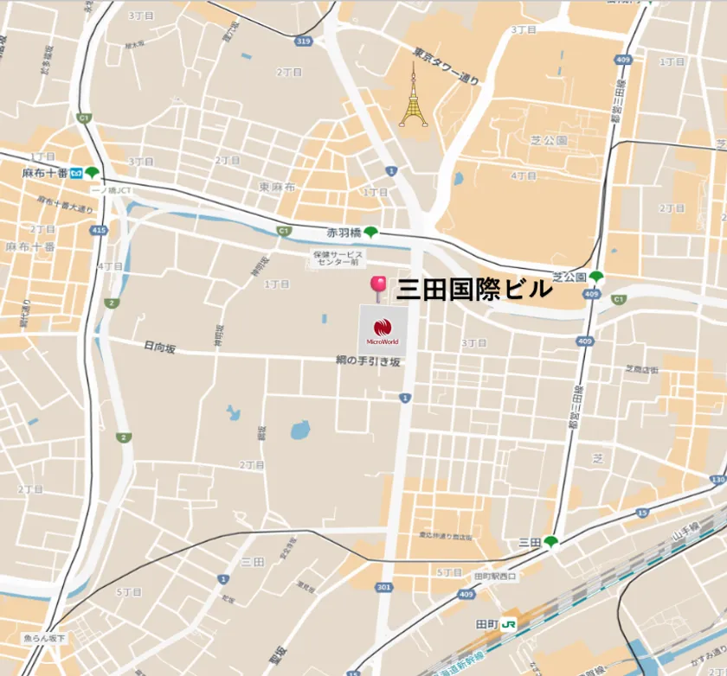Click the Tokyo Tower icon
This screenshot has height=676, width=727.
click(413, 97)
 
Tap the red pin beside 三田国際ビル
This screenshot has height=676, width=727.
click(378, 287)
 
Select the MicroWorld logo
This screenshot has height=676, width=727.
click(383, 328)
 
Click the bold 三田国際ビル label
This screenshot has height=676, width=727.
click(473, 290)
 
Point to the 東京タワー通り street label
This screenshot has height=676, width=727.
click(446, 66)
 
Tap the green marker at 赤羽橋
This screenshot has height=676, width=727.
click(370, 232)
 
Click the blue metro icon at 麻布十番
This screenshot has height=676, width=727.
click(76, 173)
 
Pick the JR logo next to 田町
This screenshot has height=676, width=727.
click(509, 624)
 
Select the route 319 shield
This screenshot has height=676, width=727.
click(302, 41)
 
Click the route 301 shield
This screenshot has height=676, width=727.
click(384, 588)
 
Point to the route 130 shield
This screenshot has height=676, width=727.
click(717, 479)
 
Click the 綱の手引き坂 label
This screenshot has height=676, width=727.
click(369, 361)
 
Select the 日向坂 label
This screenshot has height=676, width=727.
click(159, 348)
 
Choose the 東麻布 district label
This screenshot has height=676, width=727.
click(277, 187)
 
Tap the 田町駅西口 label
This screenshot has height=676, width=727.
click(495, 577)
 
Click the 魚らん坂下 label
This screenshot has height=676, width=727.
click(44, 638)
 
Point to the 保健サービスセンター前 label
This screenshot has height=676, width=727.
click(338, 258)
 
